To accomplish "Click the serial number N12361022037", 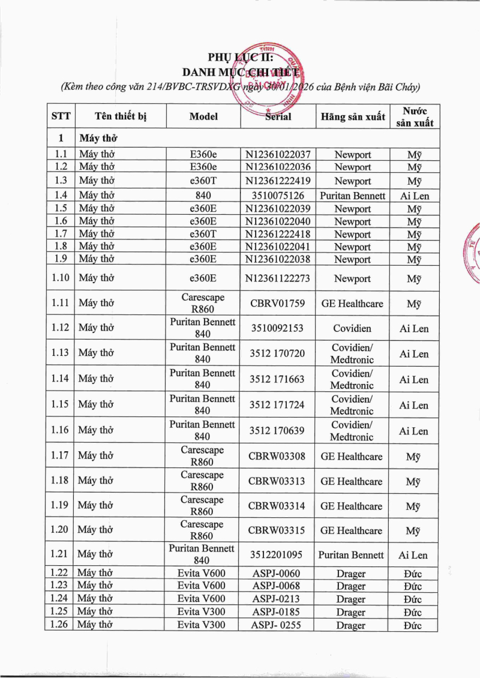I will point(278,154).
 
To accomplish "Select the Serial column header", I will point(278,116).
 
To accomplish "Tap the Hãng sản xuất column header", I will point(352,116).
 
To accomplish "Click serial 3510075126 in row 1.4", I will point(278,196).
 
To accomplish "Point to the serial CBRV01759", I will point(278,304).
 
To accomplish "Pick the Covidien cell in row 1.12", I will point(352,328).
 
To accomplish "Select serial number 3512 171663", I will point(278,379).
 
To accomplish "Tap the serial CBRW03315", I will point(278,530).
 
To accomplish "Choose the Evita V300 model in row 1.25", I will point(202,612).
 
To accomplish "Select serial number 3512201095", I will point(278,555).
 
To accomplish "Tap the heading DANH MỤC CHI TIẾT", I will point(240,73).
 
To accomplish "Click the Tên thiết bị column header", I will point(121,116).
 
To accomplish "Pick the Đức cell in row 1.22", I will point(413,574).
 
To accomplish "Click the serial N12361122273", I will point(278,278).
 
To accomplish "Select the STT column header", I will point(61,116).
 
